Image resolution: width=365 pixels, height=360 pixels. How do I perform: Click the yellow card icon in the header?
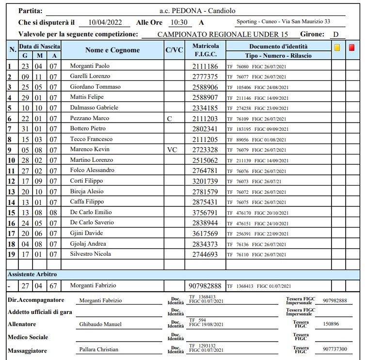coord(337,48)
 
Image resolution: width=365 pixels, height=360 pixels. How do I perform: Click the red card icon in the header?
coord(352,48)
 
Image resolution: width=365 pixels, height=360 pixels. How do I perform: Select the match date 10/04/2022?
coord(103,22)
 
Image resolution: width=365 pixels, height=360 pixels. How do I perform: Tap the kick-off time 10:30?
coord(178,22)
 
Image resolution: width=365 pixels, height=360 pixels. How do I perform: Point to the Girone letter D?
coord(335,34)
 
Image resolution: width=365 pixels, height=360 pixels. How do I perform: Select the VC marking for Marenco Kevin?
coord(172,150)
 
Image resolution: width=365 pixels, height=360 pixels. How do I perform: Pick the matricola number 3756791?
coord(205,213)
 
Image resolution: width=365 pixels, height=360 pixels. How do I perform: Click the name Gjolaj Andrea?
coord(88,244)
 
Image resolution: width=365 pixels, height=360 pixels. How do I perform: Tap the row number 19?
coord(11,254)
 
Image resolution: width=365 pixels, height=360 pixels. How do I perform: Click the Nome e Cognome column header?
coord(112,50)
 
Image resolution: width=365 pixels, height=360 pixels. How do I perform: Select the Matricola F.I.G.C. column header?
coord(206,50)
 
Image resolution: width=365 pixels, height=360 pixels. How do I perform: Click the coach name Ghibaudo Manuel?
coord(100,324)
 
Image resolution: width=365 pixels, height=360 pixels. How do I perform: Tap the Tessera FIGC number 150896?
coord(331,324)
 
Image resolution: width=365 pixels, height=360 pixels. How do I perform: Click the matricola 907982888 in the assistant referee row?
coord(206,285)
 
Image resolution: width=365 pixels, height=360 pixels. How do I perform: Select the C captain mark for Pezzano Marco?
coord(169,118)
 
